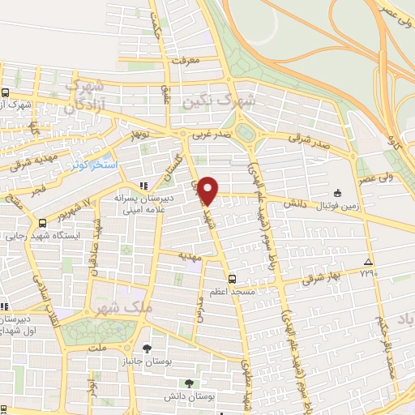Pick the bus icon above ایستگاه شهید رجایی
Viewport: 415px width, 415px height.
coord(42,222)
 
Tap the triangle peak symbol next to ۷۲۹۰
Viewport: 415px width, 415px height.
coord(369,262)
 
